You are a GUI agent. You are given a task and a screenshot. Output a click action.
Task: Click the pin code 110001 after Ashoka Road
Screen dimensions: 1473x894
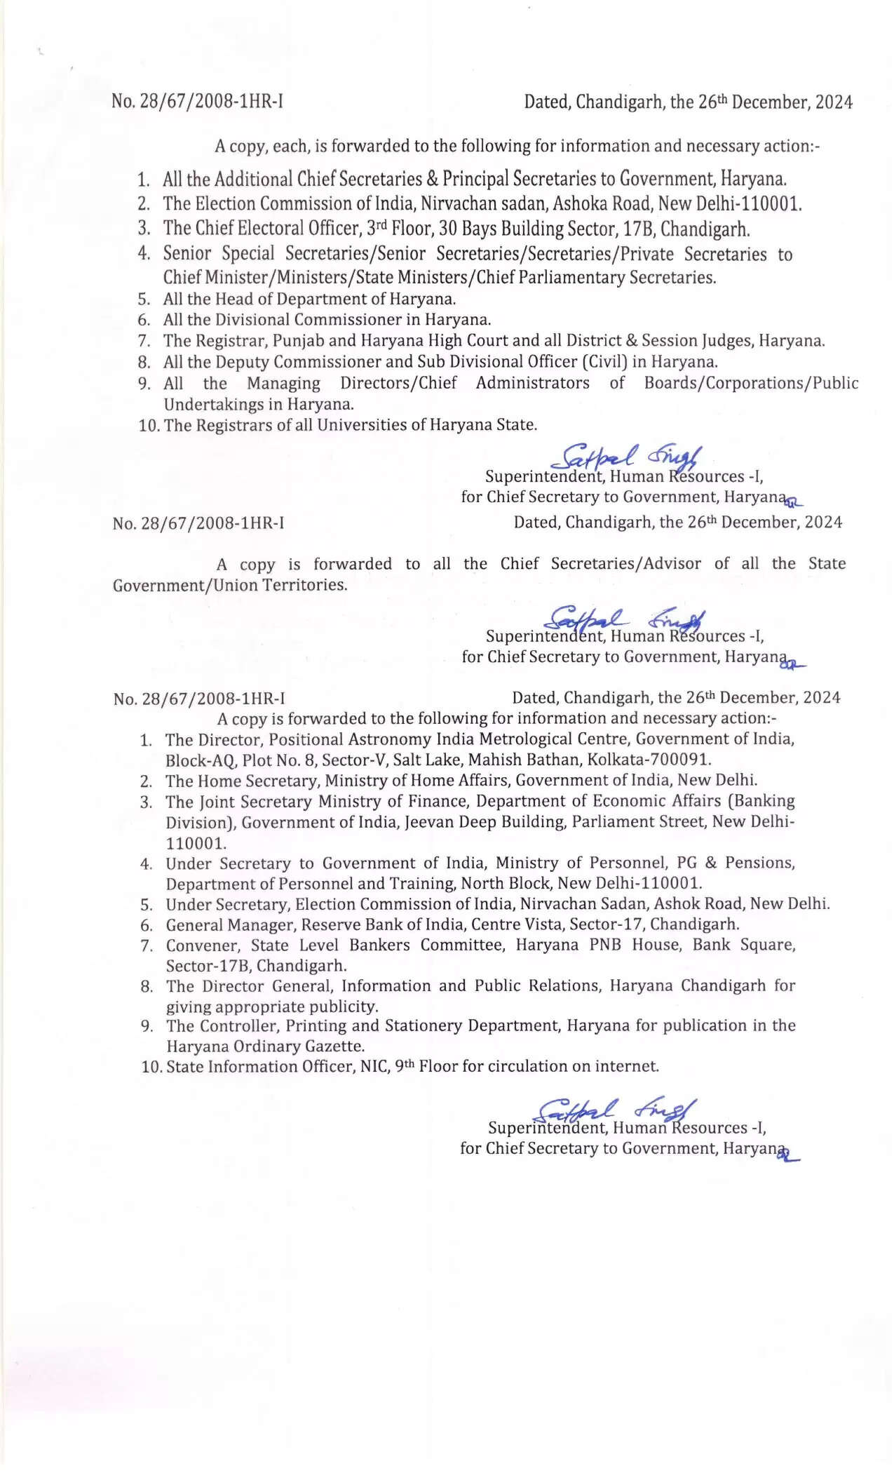pos(771,204)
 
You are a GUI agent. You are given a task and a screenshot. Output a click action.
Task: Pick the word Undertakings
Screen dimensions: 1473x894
pos(211,405)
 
